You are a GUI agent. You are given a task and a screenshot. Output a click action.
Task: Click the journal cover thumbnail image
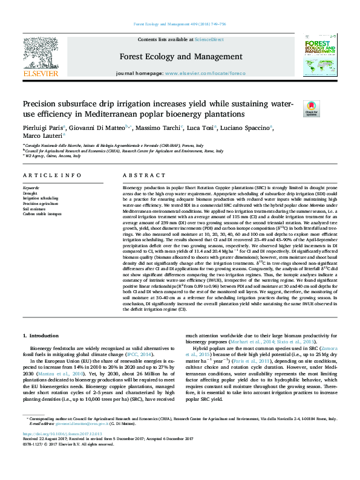coord(320,57)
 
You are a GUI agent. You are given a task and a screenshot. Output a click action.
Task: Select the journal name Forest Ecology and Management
coord(180,56)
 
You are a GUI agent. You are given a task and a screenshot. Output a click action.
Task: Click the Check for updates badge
coord(311,109)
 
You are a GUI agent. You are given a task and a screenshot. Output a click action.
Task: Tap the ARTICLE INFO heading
coord(52,175)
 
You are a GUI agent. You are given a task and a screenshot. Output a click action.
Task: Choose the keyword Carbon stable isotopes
coord(42,213)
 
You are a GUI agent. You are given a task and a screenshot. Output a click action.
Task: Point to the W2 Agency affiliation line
coord(55,155)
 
